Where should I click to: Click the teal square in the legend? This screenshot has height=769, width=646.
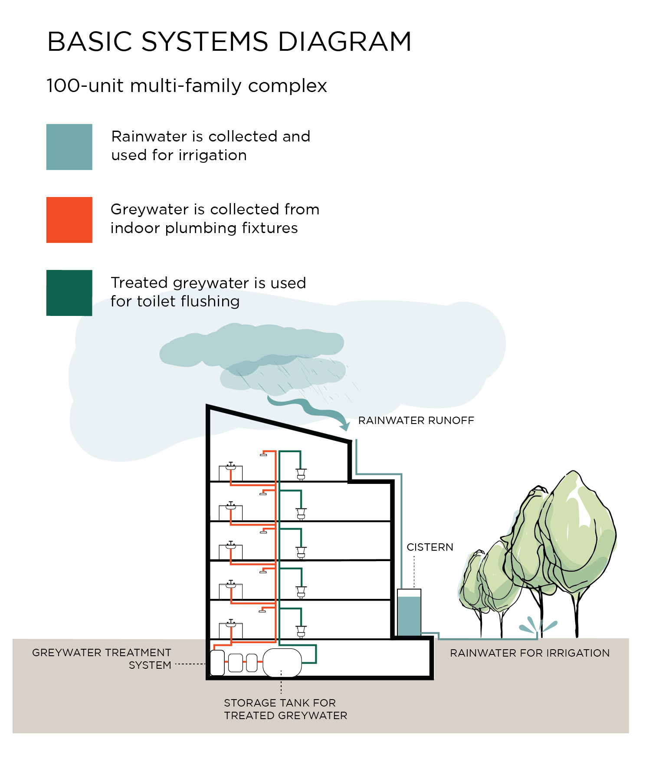69,147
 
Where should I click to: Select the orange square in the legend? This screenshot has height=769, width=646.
69,220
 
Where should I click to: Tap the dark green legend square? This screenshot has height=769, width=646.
69,293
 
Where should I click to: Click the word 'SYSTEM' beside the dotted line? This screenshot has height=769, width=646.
150,665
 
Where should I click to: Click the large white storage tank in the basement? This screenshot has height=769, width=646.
282,663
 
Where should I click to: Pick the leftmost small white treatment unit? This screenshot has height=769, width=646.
236,663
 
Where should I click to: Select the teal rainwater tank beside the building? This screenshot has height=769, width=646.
409,616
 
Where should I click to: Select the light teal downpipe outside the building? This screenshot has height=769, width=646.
402,534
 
